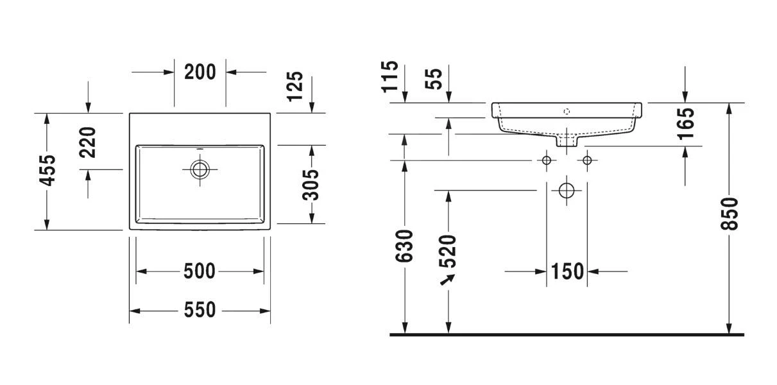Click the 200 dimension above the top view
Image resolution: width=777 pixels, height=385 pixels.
tap(200, 72)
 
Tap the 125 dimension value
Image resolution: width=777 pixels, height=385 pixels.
tap(295, 87)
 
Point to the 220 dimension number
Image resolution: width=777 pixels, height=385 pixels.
tap(87, 142)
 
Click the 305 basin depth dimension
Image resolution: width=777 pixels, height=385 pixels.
tap(311, 185)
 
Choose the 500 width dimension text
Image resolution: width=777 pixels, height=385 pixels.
tap(200, 271)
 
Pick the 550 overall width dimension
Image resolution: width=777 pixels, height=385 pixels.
tap(200, 310)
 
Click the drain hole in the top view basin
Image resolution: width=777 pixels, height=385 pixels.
tap(200, 169)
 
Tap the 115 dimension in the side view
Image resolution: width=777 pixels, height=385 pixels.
tap(390, 76)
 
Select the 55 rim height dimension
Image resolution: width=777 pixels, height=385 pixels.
tap(434, 79)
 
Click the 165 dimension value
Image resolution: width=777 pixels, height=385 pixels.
tap(687, 123)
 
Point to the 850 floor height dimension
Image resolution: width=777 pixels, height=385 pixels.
tap(730, 214)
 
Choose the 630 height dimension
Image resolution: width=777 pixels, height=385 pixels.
tap(404, 246)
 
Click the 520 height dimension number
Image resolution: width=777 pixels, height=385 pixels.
tap(447, 251)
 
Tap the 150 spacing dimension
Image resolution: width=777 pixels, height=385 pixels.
tap(567, 271)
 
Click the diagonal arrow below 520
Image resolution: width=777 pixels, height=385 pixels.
tap(447, 280)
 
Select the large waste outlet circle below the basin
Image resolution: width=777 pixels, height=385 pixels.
tap(567, 191)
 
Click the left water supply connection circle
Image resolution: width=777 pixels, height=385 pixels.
tap(546, 160)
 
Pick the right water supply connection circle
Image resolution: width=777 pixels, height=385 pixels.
tap(587, 160)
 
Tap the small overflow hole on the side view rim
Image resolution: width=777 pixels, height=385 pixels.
tap(567, 112)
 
